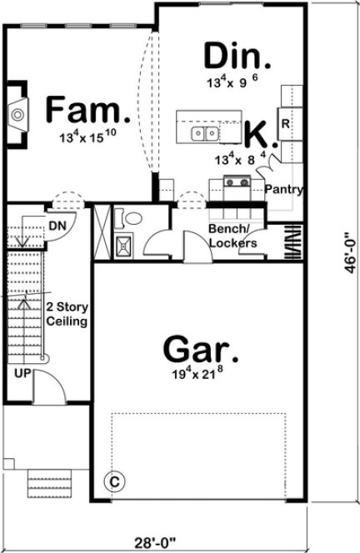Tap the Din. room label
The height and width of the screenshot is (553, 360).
[237, 57]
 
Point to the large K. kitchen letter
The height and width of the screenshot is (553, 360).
[257, 133]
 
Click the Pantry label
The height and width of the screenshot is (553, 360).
[283, 190]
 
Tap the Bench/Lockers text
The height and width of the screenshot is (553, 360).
[232, 237]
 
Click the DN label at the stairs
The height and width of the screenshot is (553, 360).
[57, 226]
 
